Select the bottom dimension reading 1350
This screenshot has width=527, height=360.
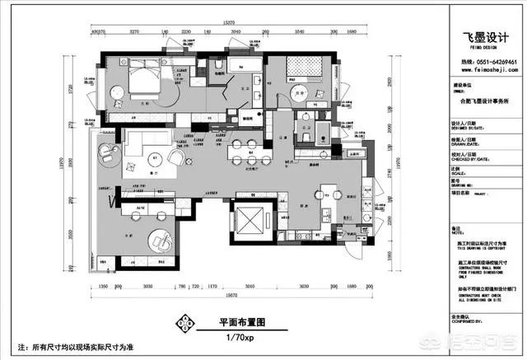pos(105,286)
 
